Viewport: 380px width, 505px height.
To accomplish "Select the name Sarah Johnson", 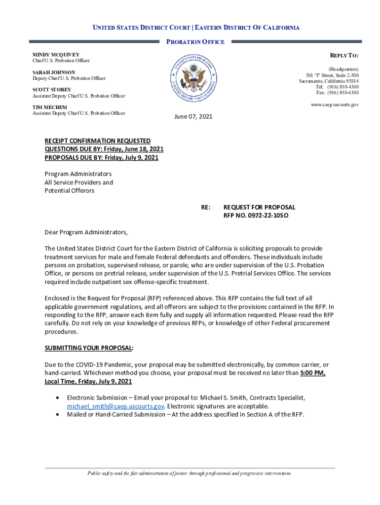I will point(54,72).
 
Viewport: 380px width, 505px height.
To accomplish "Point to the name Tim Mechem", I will point(50,107).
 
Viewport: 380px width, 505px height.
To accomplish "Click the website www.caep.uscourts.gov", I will point(334,105).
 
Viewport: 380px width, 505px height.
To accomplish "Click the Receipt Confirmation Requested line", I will point(98,141).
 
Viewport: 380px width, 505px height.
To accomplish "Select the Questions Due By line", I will point(104,149).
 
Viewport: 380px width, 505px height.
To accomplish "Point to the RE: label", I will point(206,207).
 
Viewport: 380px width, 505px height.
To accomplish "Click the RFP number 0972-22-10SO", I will point(255,216).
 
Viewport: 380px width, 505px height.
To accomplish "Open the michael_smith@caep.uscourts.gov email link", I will point(115,406).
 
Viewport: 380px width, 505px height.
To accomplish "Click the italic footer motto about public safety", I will point(190,473).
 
